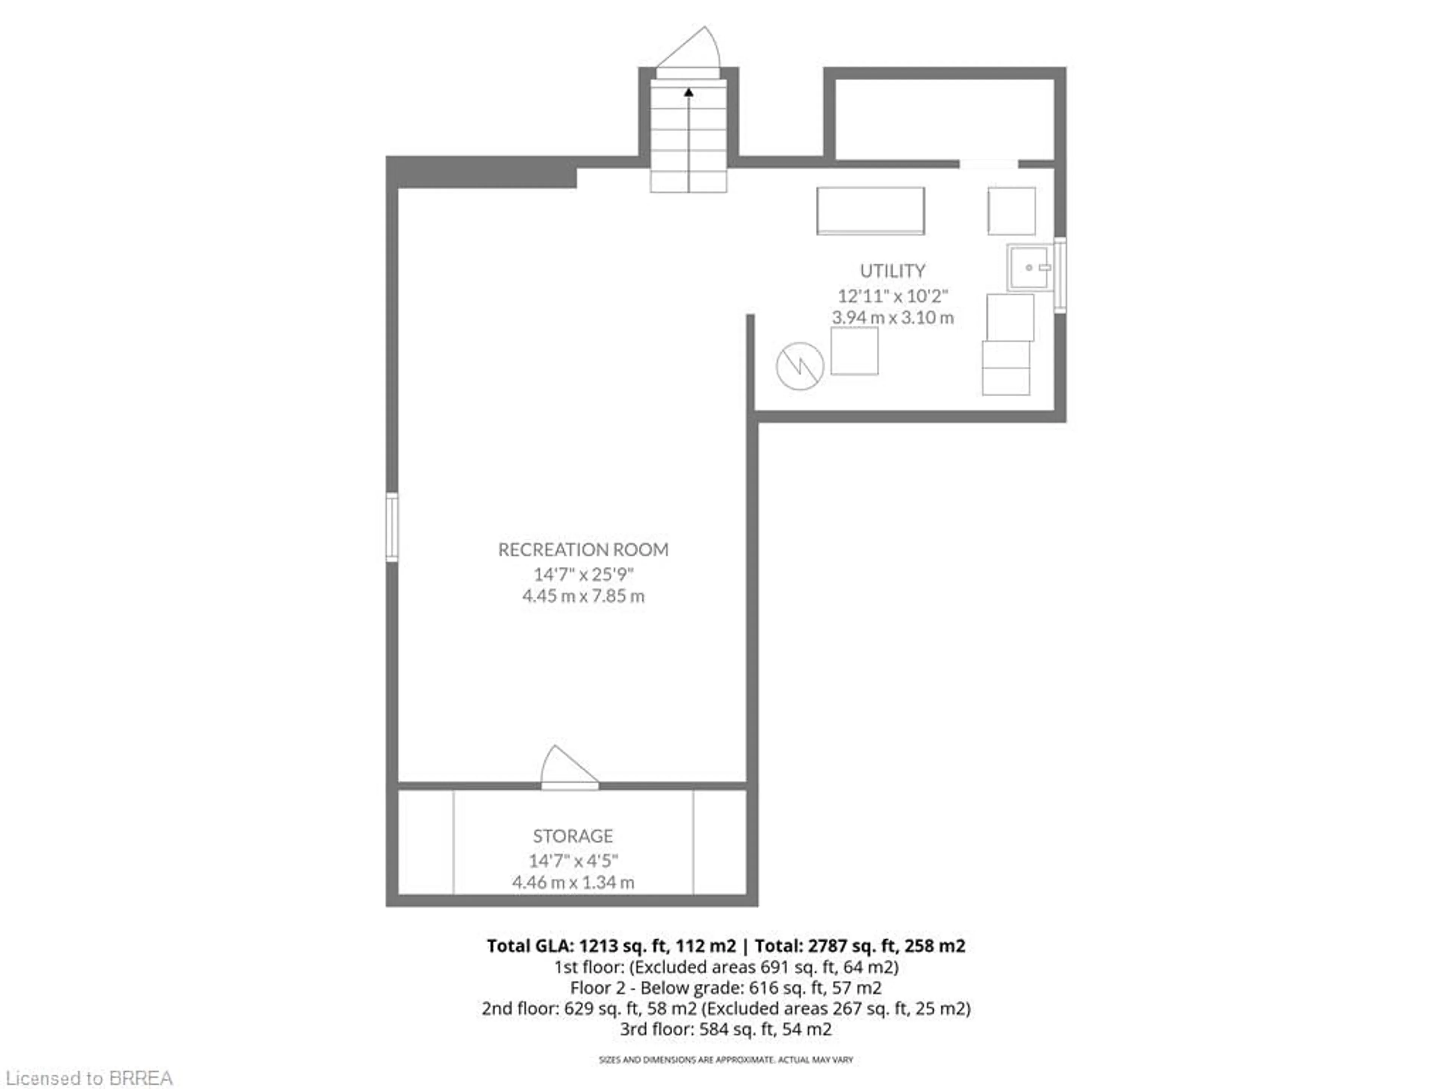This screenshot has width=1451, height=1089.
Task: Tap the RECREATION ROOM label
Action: click(583, 549)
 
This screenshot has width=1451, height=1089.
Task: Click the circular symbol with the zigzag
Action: click(800, 366)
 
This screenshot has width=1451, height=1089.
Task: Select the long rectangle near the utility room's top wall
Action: click(871, 211)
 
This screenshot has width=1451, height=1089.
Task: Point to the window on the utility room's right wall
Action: click(1060, 275)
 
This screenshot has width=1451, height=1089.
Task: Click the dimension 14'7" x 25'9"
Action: click(583, 574)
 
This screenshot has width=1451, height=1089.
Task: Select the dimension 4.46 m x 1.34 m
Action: click(573, 882)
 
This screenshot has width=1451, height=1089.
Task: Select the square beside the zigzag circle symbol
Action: click(854, 351)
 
